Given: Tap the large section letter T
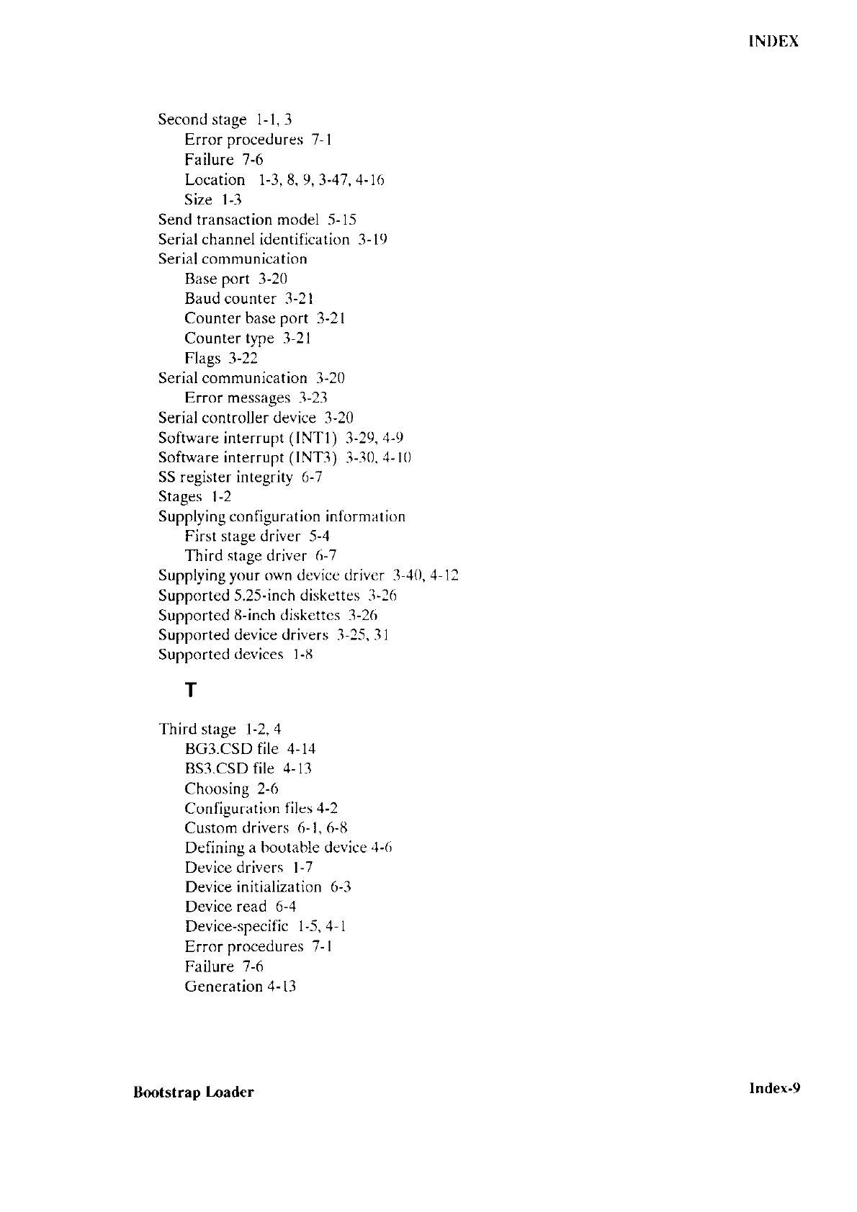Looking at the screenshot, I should coord(190,691).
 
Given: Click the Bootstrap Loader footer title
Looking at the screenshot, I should coord(193,1092).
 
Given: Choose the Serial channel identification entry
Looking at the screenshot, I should coord(253,239).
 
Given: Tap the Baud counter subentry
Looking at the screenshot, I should coord(230,298).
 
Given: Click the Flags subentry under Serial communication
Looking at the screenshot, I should coord(202,358).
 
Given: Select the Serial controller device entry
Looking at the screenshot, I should coord(237,418).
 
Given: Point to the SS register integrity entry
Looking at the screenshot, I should coord(225,477).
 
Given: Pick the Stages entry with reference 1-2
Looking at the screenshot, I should coord(180,497).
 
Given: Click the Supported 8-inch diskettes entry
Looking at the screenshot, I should coord(248,615).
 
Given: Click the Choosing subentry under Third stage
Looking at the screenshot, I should coord(217,789).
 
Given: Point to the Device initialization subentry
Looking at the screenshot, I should coord(253,887).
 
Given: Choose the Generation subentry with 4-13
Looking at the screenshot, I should coord(223,987).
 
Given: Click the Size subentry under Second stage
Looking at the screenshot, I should coord(198,199).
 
